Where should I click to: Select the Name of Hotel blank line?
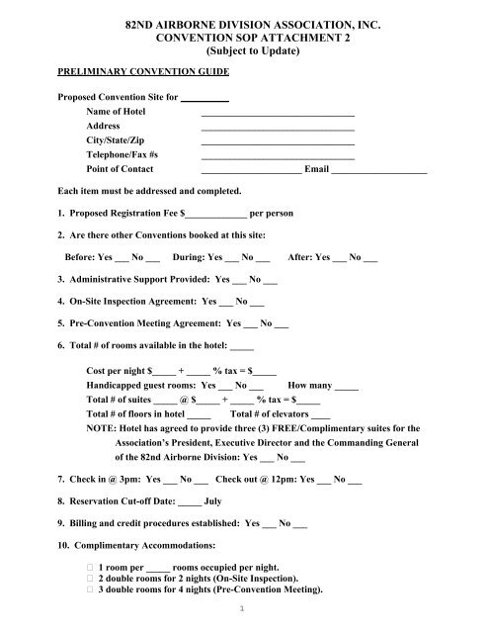coord(278,118)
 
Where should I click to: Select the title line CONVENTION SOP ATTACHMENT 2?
coord(243,34)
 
